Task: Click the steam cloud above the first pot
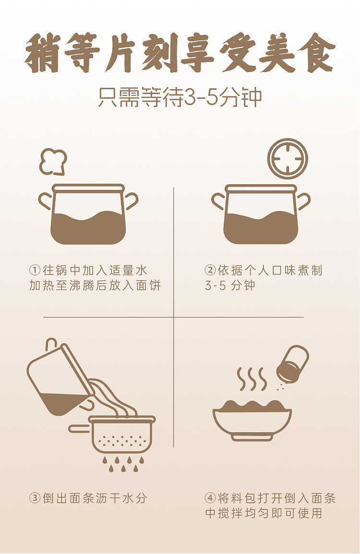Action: [53, 162]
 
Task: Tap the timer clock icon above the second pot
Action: [288, 159]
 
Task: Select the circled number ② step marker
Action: [210, 271]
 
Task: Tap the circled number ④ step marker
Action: [210, 498]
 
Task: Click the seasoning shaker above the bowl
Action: [292, 365]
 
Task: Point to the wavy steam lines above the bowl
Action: [252, 379]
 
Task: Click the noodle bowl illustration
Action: [252, 420]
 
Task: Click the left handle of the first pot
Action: [45, 201]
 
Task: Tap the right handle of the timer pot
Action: [303, 201]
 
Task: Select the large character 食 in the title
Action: [316, 53]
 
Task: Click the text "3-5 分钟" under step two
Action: [230, 285]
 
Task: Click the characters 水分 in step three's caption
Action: [135, 498]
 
